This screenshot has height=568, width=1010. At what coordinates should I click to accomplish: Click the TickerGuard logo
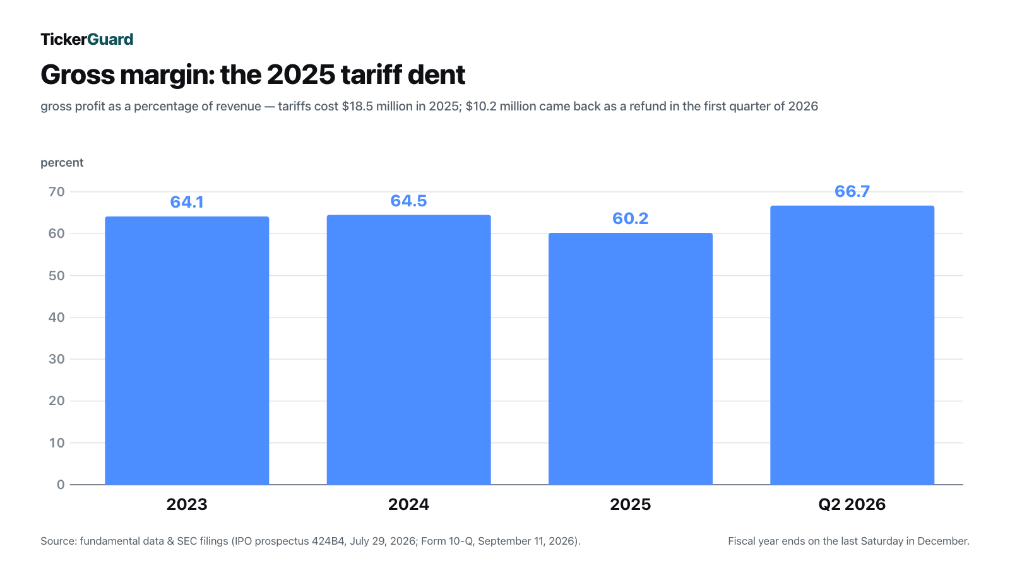tap(87, 39)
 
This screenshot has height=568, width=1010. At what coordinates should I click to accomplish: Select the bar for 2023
tap(187, 351)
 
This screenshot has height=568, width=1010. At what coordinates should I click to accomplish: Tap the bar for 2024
tap(409, 350)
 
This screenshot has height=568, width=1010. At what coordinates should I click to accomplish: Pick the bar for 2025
tap(631, 359)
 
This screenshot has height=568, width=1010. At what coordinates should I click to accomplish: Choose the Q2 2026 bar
tap(852, 345)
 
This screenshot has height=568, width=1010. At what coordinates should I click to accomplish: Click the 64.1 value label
tap(187, 202)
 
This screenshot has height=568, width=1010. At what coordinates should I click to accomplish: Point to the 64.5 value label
tap(408, 201)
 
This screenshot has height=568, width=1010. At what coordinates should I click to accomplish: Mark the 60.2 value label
tap(631, 218)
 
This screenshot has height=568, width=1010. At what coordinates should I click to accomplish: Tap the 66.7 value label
tap(852, 191)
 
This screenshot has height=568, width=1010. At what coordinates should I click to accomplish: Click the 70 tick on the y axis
tap(57, 192)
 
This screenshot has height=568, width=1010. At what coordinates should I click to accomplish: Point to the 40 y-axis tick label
tap(57, 317)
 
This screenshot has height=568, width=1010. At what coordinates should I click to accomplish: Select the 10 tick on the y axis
tap(57, 442)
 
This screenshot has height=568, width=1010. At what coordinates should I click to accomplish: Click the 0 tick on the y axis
tap(61, 485)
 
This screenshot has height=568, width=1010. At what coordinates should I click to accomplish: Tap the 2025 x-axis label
tap(631, 504)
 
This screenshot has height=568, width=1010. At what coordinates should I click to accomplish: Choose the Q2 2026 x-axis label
tap(852, 504)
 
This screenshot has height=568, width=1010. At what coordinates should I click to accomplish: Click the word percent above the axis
tap(62, 163)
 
